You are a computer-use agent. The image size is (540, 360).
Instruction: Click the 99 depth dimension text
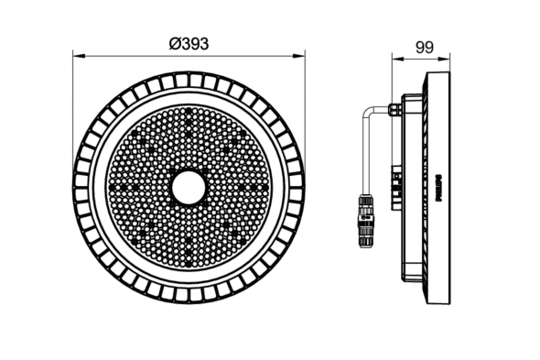(x=424, y=44)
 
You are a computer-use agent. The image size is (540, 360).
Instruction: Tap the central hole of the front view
(x=190, y=188)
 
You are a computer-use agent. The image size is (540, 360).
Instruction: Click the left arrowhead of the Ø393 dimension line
(x=77, y=56)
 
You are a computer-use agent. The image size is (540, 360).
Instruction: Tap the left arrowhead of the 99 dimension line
(x=394, y=56)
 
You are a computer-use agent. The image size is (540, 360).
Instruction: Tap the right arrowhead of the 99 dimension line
(x=451, y=56)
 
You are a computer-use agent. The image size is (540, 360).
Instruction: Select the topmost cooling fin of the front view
(x=190, y=79)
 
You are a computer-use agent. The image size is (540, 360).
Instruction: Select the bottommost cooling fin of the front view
(x=190, y=297)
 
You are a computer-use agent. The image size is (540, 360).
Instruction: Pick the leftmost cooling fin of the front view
(x=81, y=188)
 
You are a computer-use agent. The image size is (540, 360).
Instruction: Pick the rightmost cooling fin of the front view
(x=300, y=188)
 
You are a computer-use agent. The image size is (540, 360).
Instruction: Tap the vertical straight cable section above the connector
(x=364, y=156)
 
